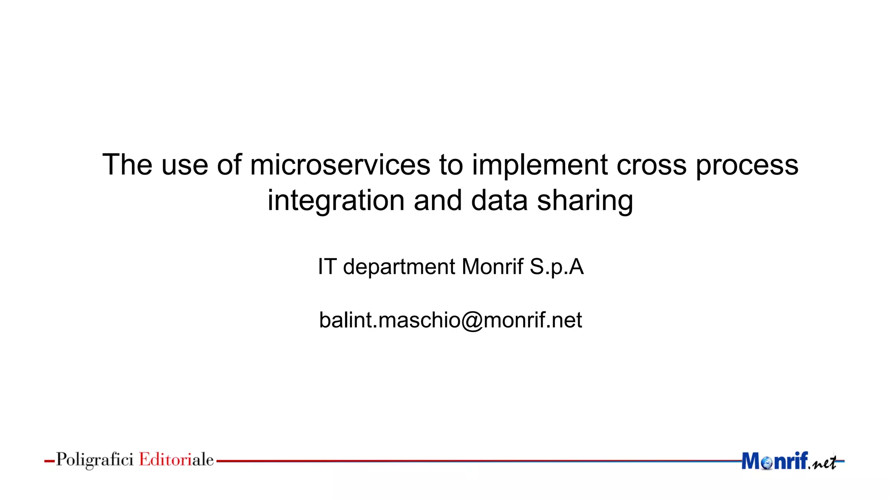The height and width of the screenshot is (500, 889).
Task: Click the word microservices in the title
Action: tap(340, 165)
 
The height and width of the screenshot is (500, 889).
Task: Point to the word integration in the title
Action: tap(336, 201)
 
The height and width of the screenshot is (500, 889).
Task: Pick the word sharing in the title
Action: tap(585, 201)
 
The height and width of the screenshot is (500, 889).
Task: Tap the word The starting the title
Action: tap(127, 165)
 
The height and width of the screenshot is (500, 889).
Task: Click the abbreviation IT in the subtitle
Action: tap(327, 266)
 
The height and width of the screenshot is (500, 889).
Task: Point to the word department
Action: tap(399, 267)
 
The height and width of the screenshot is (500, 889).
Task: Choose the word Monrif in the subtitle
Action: tap(492, 266)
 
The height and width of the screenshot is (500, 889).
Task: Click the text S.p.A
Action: tap(556, 267)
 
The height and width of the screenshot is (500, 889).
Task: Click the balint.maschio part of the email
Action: tap(389, 320)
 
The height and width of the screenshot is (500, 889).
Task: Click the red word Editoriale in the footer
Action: tap(176, 459)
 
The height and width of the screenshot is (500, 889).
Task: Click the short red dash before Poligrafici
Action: tap(49, 461)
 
